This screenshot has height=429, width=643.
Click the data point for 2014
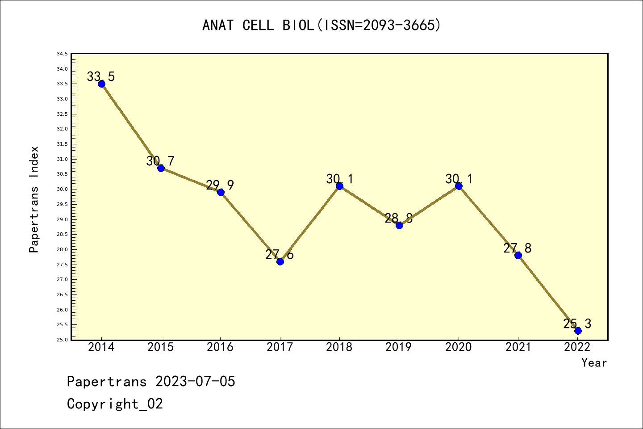click(x=101, y=84)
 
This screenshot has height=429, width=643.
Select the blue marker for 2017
click(x=280, y=261)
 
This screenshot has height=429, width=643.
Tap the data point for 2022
click(x=578, y=331)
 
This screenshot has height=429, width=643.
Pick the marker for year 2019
click(x=399, y=225)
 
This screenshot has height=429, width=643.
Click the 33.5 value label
click(x=100, y=76)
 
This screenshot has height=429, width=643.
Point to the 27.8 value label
click(x=518, y=248)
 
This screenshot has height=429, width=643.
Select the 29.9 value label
click(x=220, y=185)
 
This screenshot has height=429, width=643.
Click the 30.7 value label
click(x=160, y=161)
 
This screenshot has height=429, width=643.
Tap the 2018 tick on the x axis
click(x=339, y=347)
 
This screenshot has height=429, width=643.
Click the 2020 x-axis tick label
click(x=458, y=347)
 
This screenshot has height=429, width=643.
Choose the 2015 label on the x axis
click(x=161, y=347)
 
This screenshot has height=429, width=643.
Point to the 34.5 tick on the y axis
click(x=62, y=54)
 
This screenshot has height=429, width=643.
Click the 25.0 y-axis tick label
click(x=62, y=340)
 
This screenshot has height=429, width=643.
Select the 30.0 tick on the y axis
click(x=62, y=189)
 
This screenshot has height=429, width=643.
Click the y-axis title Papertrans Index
click(x=34, y=199)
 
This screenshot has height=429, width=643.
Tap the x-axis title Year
click(x=594, y=363)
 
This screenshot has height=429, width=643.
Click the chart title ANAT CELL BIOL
click(x=321, y=25)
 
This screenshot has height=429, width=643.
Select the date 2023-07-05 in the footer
click(x=195, y=382)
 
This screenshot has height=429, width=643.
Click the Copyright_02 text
click(x=115, y=404)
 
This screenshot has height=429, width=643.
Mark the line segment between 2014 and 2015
click(x=131, y=126)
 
